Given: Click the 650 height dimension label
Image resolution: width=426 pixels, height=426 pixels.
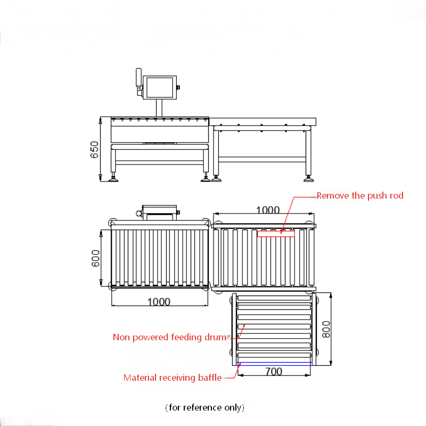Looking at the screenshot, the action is tap(94, 150).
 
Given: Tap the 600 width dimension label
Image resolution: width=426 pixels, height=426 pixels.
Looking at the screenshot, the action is tap(95, 258).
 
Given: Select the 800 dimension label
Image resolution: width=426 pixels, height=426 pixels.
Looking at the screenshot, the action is tap(326, 329).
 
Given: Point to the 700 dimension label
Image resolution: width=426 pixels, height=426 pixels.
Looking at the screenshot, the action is tap(274, 371).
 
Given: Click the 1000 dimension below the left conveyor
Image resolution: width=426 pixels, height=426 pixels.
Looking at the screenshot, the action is tap(159, 302).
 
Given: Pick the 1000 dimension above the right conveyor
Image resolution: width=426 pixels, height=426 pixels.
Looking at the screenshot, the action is tap(268, 210).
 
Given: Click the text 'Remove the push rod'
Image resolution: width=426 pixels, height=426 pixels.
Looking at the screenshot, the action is tap(360, 195).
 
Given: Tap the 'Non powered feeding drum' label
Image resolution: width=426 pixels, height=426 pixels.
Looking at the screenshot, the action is tap(169, 337).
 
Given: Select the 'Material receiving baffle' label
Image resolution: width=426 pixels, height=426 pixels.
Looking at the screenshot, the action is tap(173, 378).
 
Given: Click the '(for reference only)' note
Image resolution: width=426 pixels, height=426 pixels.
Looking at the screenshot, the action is tap(204, 407).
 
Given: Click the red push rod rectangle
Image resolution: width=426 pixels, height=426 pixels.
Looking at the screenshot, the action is tap(276, 234).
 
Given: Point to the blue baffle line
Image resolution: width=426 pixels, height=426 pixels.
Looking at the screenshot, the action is tap(274, 364).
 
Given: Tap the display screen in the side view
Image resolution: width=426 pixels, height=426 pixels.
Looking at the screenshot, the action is tap(160, 87).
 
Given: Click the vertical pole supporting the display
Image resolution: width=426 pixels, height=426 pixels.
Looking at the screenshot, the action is tap(159, 108).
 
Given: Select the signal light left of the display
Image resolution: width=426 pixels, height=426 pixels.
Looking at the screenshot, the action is tap(138, 77).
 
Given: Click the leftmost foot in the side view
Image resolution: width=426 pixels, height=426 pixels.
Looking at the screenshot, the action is tap(113, 179).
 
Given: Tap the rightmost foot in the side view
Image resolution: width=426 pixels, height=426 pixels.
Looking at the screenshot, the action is tap(309, 179).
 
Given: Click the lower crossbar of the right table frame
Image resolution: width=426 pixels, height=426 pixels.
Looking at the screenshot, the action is tap(262, 159).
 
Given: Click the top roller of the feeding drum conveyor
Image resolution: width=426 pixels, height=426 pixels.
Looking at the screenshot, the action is tap(274, 298).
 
